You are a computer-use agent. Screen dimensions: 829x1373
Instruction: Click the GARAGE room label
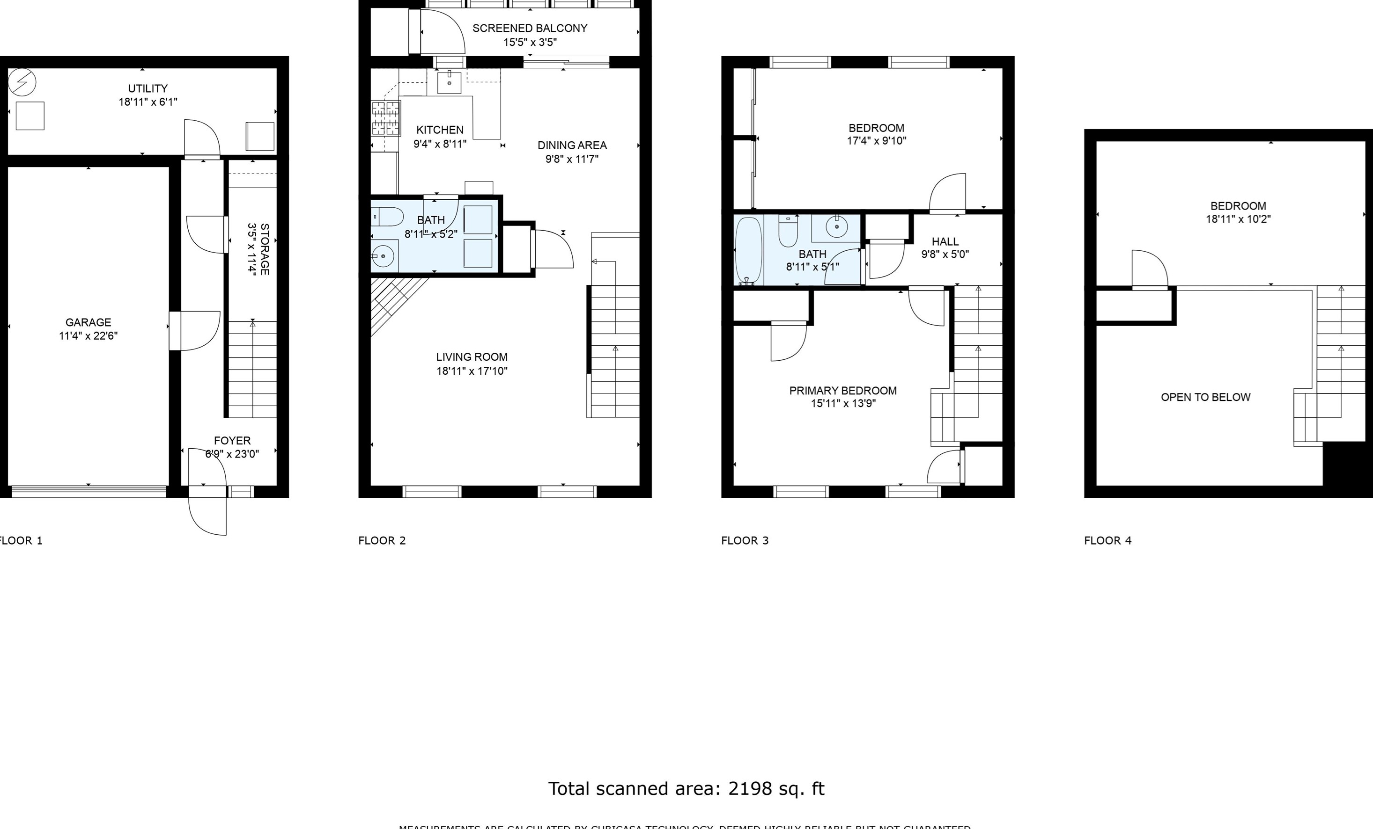(88, 322)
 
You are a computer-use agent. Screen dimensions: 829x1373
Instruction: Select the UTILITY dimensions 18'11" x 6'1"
(148, 102)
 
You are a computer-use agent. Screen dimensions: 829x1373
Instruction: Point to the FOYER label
(232, 440)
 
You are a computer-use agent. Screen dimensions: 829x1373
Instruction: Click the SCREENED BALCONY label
(529, 29)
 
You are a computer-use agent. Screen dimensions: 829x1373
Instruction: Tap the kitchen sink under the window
(449, 82)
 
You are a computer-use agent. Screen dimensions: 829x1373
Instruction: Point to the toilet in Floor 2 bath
(388, 217)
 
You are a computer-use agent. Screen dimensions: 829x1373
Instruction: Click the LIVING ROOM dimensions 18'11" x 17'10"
(472, 371)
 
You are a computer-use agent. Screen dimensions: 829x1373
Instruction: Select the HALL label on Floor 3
(945, 241)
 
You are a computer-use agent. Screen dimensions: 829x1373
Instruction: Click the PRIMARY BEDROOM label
(842, 391)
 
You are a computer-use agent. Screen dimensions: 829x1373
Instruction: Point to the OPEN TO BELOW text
(1205, 397)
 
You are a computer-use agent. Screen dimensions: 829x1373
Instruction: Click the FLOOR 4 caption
(1107, 540)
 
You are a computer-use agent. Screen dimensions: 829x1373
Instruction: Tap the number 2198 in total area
(749, 788)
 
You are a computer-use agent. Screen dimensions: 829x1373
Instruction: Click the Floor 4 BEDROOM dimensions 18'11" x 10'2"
(1238, 219)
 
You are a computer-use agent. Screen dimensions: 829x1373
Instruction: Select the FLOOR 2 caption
(382, 540)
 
